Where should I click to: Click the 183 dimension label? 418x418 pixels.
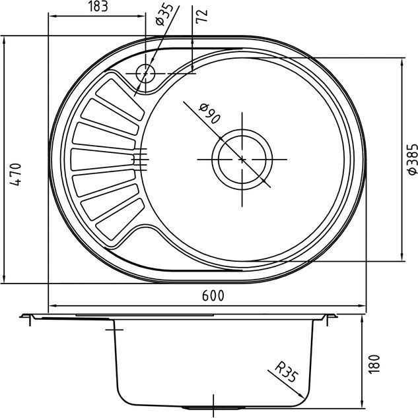click(98, 7)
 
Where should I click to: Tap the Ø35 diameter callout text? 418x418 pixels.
click(164, 14)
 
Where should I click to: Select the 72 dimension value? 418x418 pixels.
click(202, 16)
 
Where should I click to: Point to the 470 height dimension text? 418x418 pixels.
click(15, 175)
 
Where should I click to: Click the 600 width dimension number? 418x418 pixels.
click(213, 295)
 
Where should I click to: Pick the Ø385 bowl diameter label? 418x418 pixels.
click(413, 160)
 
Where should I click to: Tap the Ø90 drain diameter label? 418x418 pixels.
click(210, 114)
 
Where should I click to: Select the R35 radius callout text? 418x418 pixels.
click(287, 371)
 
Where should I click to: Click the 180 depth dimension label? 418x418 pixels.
click(374, 364)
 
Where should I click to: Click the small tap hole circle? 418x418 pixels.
click(145, 74)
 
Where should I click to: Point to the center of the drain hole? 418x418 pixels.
click(242, 160)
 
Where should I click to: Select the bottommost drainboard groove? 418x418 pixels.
click(120, 219)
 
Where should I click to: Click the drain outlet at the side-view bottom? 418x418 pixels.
click(213, 408)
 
